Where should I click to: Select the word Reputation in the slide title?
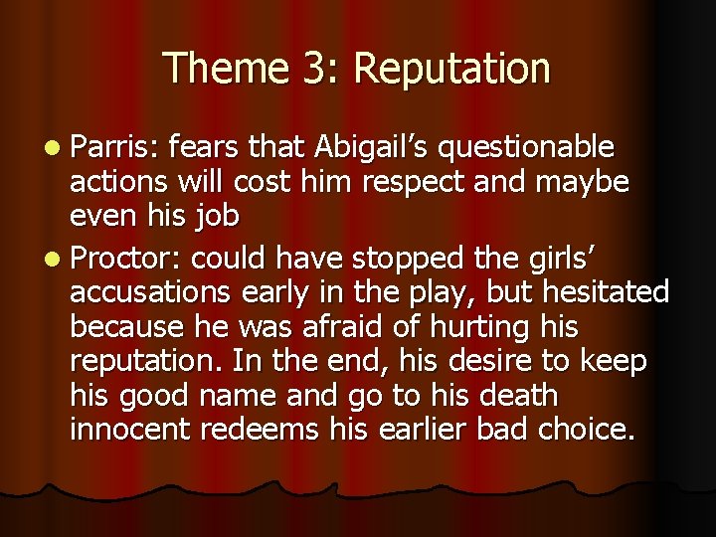[451, 69]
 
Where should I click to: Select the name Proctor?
[126, 258]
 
